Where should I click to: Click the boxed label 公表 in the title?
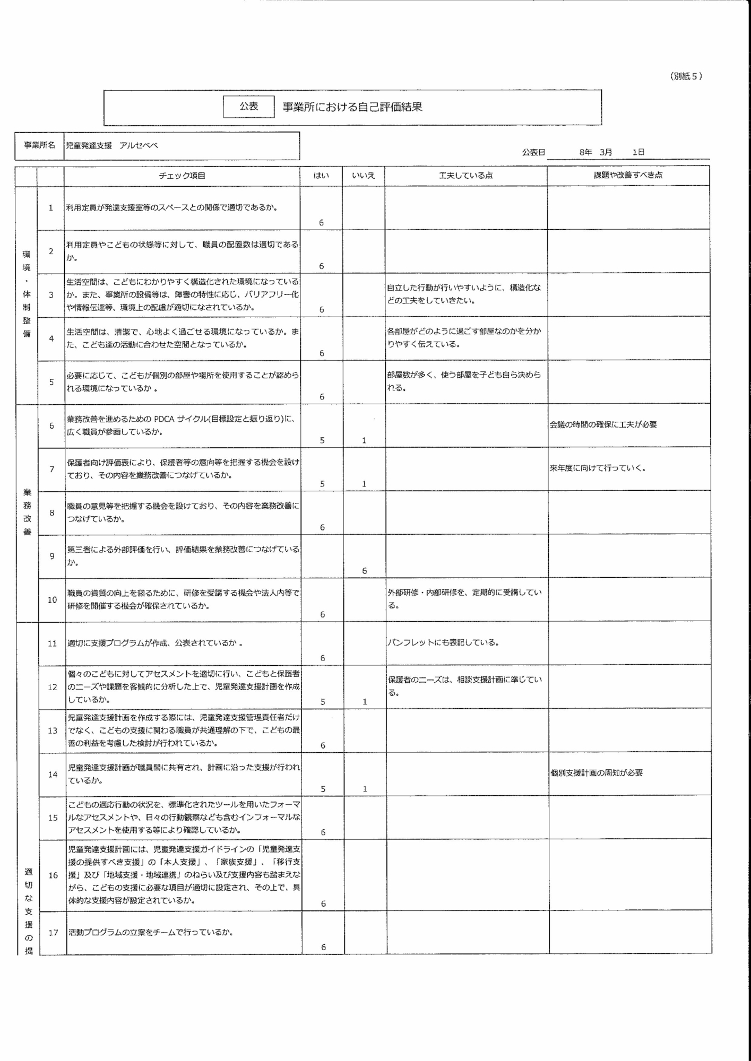point(248,107)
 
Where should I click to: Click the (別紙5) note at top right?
point(686,76)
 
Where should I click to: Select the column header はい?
point(321,176)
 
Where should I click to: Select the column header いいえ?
point(364,176)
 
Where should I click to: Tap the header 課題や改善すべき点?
point(628,175)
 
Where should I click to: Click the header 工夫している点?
point(465,176)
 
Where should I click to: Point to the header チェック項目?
point(182,176)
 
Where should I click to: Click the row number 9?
point(51,556)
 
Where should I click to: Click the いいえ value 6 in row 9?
point(364,571)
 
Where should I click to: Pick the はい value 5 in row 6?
point(322,440)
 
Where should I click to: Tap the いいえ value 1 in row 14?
point(365,789)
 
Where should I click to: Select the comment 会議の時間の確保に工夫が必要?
point(603,424)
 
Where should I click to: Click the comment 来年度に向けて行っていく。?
point(598,468)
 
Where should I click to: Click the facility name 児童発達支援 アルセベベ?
point(111,145)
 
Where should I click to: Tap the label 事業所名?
point(39,145)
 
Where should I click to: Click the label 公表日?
point(533,152)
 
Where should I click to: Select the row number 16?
point(53,875)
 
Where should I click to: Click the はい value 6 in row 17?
point(323,947)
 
